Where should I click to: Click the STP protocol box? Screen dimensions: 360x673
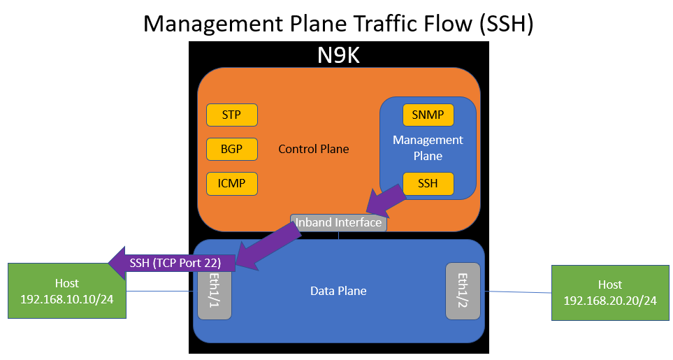[x=231, y=114]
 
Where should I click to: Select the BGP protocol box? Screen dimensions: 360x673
[x=231, y=149]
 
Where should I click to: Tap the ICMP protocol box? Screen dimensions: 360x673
[x=231, y=183]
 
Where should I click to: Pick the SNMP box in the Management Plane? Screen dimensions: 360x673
[x=428, y=115]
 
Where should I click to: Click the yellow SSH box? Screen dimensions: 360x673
[x=428, y=184]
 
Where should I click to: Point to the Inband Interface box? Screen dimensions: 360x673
[x=338, y=222]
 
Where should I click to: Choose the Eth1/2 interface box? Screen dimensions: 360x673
[x=462, y=291]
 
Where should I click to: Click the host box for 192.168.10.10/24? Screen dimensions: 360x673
[x=67, y=291]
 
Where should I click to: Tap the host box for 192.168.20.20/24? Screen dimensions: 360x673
[x=610, y=292]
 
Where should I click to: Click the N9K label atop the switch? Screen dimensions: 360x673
[x=339, y=55]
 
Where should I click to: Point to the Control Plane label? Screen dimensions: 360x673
[x=313, y=149]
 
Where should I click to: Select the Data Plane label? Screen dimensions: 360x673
[x=338, y=290]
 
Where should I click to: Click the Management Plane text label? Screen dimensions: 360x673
[x=428, y=148]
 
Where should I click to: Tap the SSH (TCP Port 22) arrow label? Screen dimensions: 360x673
[x=175, y=264]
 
